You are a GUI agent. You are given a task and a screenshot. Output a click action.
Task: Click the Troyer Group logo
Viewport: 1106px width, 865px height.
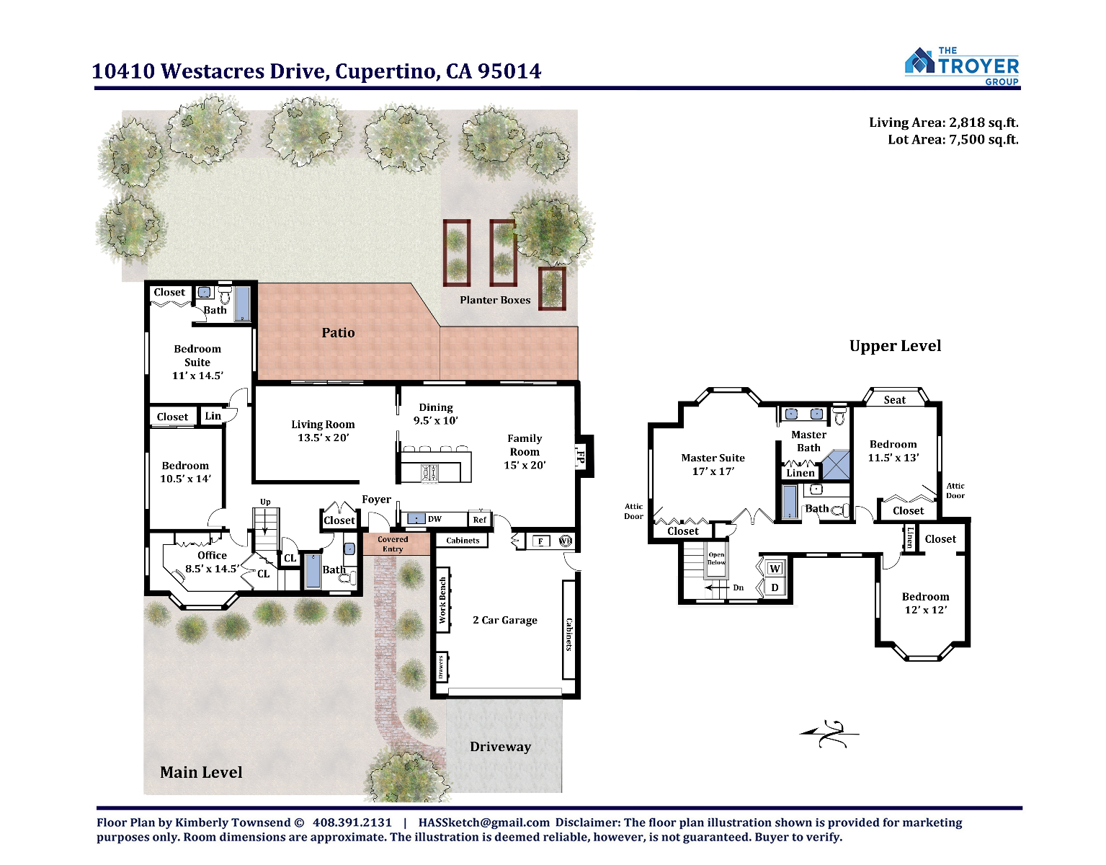[961, 66]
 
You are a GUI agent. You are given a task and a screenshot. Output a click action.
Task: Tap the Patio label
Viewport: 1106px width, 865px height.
[338, 332]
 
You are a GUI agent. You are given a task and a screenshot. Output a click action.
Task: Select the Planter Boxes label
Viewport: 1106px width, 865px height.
[495, 300]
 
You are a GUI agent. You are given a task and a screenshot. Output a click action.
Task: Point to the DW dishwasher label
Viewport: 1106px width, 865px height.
[434, 519]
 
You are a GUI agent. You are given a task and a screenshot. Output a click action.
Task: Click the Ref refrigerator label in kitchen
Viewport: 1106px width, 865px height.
[479, 519]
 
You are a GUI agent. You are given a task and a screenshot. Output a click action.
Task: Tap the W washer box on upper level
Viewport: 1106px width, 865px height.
[775, 569]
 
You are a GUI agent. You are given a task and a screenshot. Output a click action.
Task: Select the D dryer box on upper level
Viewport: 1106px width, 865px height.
[775, 587]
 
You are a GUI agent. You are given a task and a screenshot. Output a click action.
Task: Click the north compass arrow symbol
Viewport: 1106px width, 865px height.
[829, 734]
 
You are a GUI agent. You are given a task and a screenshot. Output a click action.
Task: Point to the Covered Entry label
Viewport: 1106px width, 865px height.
[393, 544]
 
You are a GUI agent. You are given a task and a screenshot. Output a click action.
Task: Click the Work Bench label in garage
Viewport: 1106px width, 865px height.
[442, 600]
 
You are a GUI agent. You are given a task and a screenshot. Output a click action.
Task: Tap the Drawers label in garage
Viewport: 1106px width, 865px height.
[441, 667]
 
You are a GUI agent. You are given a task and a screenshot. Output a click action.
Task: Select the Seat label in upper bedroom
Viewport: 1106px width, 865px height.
[894, 399]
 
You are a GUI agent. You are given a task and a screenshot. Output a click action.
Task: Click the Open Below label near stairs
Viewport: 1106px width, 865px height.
[716, 559]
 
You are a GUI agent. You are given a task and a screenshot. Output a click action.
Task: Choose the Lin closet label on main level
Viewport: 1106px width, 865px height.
[213, 415]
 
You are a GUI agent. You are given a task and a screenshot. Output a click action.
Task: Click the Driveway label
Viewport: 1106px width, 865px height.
[500, 746]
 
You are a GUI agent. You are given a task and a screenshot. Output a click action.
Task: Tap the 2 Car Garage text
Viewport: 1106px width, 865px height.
[505, 620]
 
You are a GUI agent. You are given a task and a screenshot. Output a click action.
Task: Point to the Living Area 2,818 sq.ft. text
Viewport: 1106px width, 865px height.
[943, 123]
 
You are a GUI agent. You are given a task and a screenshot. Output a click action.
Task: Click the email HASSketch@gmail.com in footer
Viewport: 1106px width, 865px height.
[484, 822]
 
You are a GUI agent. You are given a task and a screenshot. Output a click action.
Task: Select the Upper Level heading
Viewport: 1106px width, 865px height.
[896, 346]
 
